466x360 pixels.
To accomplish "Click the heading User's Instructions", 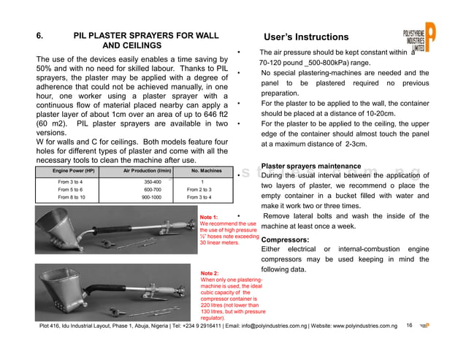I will (305, 37).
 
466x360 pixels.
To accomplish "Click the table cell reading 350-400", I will (152, 181).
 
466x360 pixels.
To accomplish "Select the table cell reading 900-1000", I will (152, 197).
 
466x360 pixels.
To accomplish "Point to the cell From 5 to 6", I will (72, 189).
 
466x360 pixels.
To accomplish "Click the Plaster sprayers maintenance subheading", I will (310, 166).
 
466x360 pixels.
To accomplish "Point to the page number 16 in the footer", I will (409, 325).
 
